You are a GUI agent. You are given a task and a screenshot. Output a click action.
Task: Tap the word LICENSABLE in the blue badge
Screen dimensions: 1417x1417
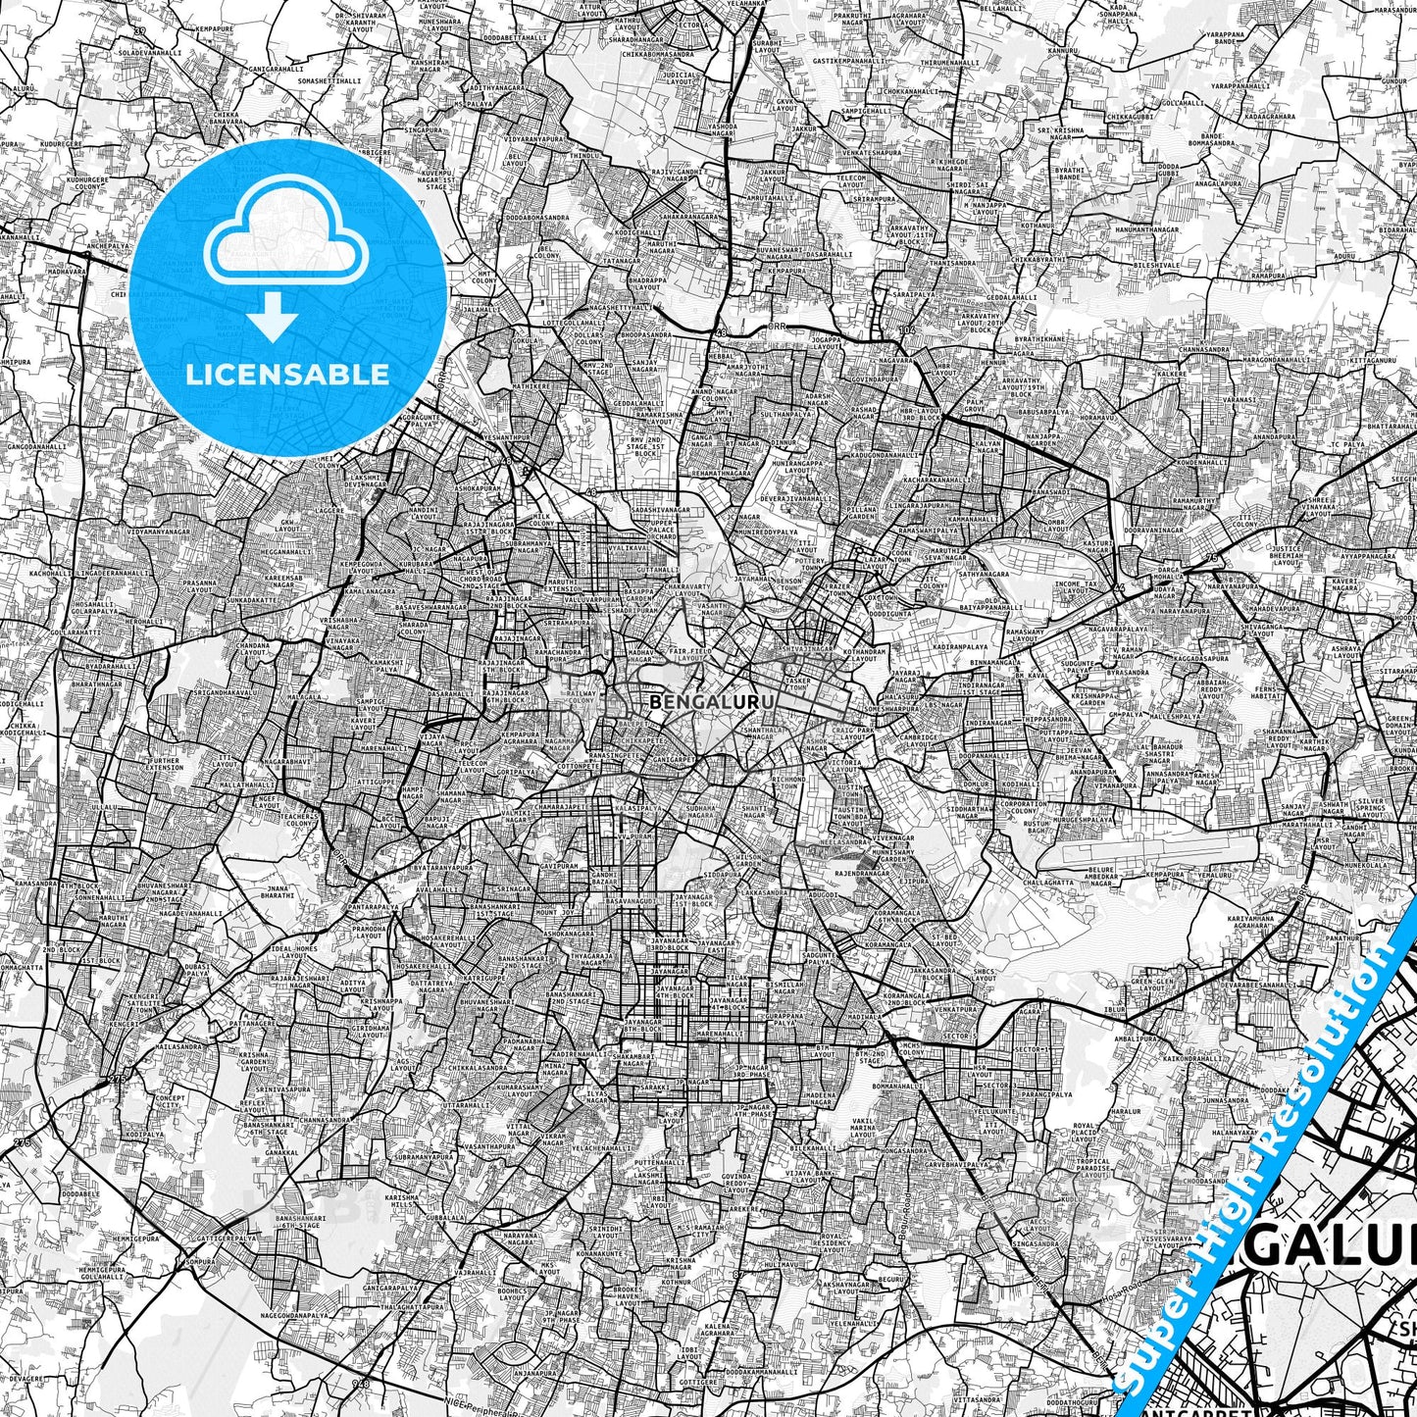point(288,374)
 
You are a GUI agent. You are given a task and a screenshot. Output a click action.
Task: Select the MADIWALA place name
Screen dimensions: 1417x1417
point(865,1016)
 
